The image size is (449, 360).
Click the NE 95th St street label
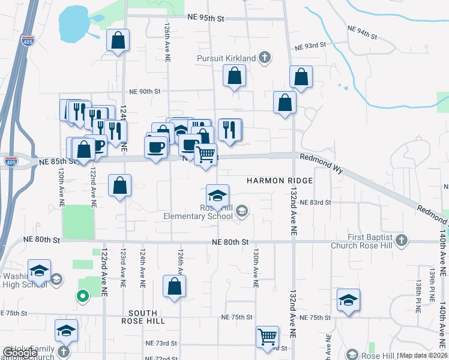pyautogui.click(x=205, y=19)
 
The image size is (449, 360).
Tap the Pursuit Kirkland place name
pyautogui.click(x=226, y=59)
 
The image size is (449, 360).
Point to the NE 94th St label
pyautogui.click(x=363, y=32)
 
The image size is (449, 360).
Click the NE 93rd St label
pyautogui.click(x=310, y=46)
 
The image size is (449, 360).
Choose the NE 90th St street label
pyautogui.click(x=145, y=92)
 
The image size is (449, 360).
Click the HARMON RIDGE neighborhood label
pyautogui.click(x=280, y=181)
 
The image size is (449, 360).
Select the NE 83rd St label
pyautogui.click(x=316, y=203)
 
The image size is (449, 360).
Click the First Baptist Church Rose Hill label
pyautogui.click(x=362, y=241)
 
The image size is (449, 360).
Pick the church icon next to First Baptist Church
pyautogui.click(x=402, y=241)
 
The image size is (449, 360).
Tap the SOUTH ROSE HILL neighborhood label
pyautogui.click(x=143, y=317)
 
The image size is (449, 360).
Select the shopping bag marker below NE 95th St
pyautogui.click(x=118, y=41)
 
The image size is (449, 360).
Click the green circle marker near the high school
pyautogui.click(x=82, y=295)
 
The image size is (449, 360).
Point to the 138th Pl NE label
pyautogui.click(x=419, y=295)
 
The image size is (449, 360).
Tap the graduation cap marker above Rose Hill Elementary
pyautogui.click(x=217, y=195)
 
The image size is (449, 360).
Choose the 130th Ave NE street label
pyautogui.click(x=255, y=265)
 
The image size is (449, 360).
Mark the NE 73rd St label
pyautogui.click(x=161, y=343)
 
